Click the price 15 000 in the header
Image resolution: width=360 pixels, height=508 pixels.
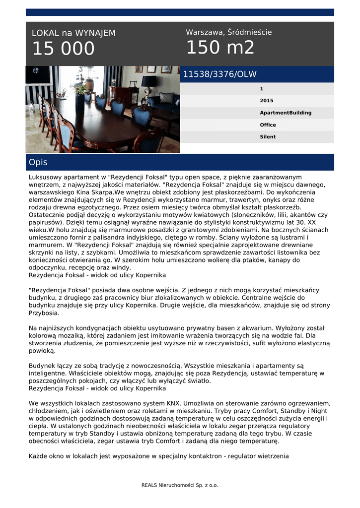tap(63, 49)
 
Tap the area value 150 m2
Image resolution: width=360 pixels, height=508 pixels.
tap(220, 48)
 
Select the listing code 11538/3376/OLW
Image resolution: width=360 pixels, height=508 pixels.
tap(219, 74)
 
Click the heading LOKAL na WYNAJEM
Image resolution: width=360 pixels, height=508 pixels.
tap(73, 33)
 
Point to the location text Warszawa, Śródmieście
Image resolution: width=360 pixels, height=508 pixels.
tap(228, 32)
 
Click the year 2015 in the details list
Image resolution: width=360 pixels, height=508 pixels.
tap(266, 101)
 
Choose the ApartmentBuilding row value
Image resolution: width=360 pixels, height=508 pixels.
tap(286, 113)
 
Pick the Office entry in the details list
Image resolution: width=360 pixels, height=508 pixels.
tap(268, 125)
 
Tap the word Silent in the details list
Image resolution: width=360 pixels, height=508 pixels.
tap(268, 137)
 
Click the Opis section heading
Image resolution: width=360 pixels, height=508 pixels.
tap(38, 162)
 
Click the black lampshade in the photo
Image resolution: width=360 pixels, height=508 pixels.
tap(148, 80)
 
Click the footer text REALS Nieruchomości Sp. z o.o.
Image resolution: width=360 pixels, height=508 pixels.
tap(180, 485)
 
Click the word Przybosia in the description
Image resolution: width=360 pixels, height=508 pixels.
tap(44, 313)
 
